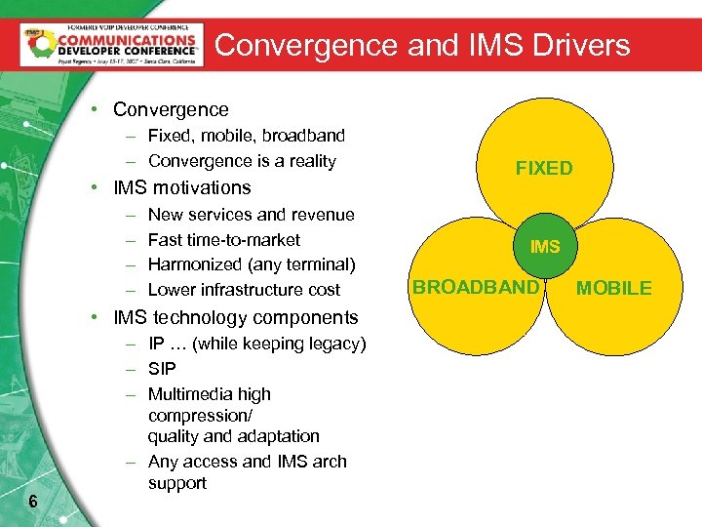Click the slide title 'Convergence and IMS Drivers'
pyautogui.click(x=422, y=45)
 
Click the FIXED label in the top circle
pyautogui.click(x=544, y=168)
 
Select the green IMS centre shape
pyautogui.click(x=544, y=247)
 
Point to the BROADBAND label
pyautogui.click(x=476, y=287)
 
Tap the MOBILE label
pyautogui.click(x=613, y=288)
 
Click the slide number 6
pyautogui.click(x=34, y=503)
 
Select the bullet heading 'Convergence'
pyautogui.click(x=171, y=110)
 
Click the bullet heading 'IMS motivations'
pyautogui.click(x=182, y=187)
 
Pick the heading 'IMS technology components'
pyautogui.click(x=236, y=317)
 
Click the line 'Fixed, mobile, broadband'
pyautogui.click(x=246, y=136)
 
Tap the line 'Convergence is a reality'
pyautogui.click(x=242, y=161)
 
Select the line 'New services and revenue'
pyautogui.click(x=251, y=215)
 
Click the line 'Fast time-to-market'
pyautogui.click(x=223, y=239)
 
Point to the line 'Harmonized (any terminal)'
pyautogui.click(x=252, y=264)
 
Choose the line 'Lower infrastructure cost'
pyautogui.click(x=244, y=290)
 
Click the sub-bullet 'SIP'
pyautogui.click(x=162, y=369)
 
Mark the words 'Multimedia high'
pyautogui.click(x=209, y=394)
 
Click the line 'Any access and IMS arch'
pyautogui.click(x=247, y=462)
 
